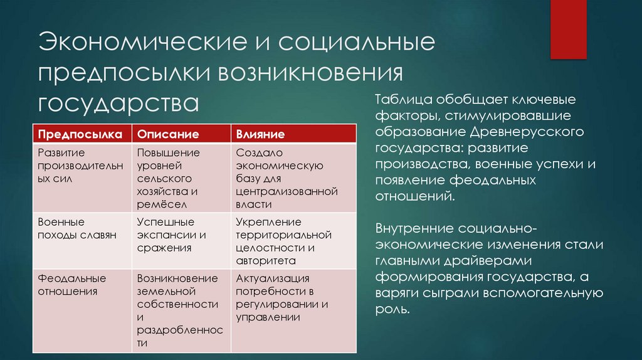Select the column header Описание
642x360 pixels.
(x=168, y=134)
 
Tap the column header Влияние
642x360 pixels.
(x=261, y=134)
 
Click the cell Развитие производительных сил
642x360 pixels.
(x=67, y=165)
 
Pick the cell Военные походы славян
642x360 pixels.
(x=68, y=229)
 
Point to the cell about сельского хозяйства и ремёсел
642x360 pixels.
(x=168, y=178)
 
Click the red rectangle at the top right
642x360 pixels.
(x=568, y=28)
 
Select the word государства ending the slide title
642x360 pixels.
(x=118, y=101)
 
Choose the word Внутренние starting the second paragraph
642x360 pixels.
(x=414, y=228)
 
